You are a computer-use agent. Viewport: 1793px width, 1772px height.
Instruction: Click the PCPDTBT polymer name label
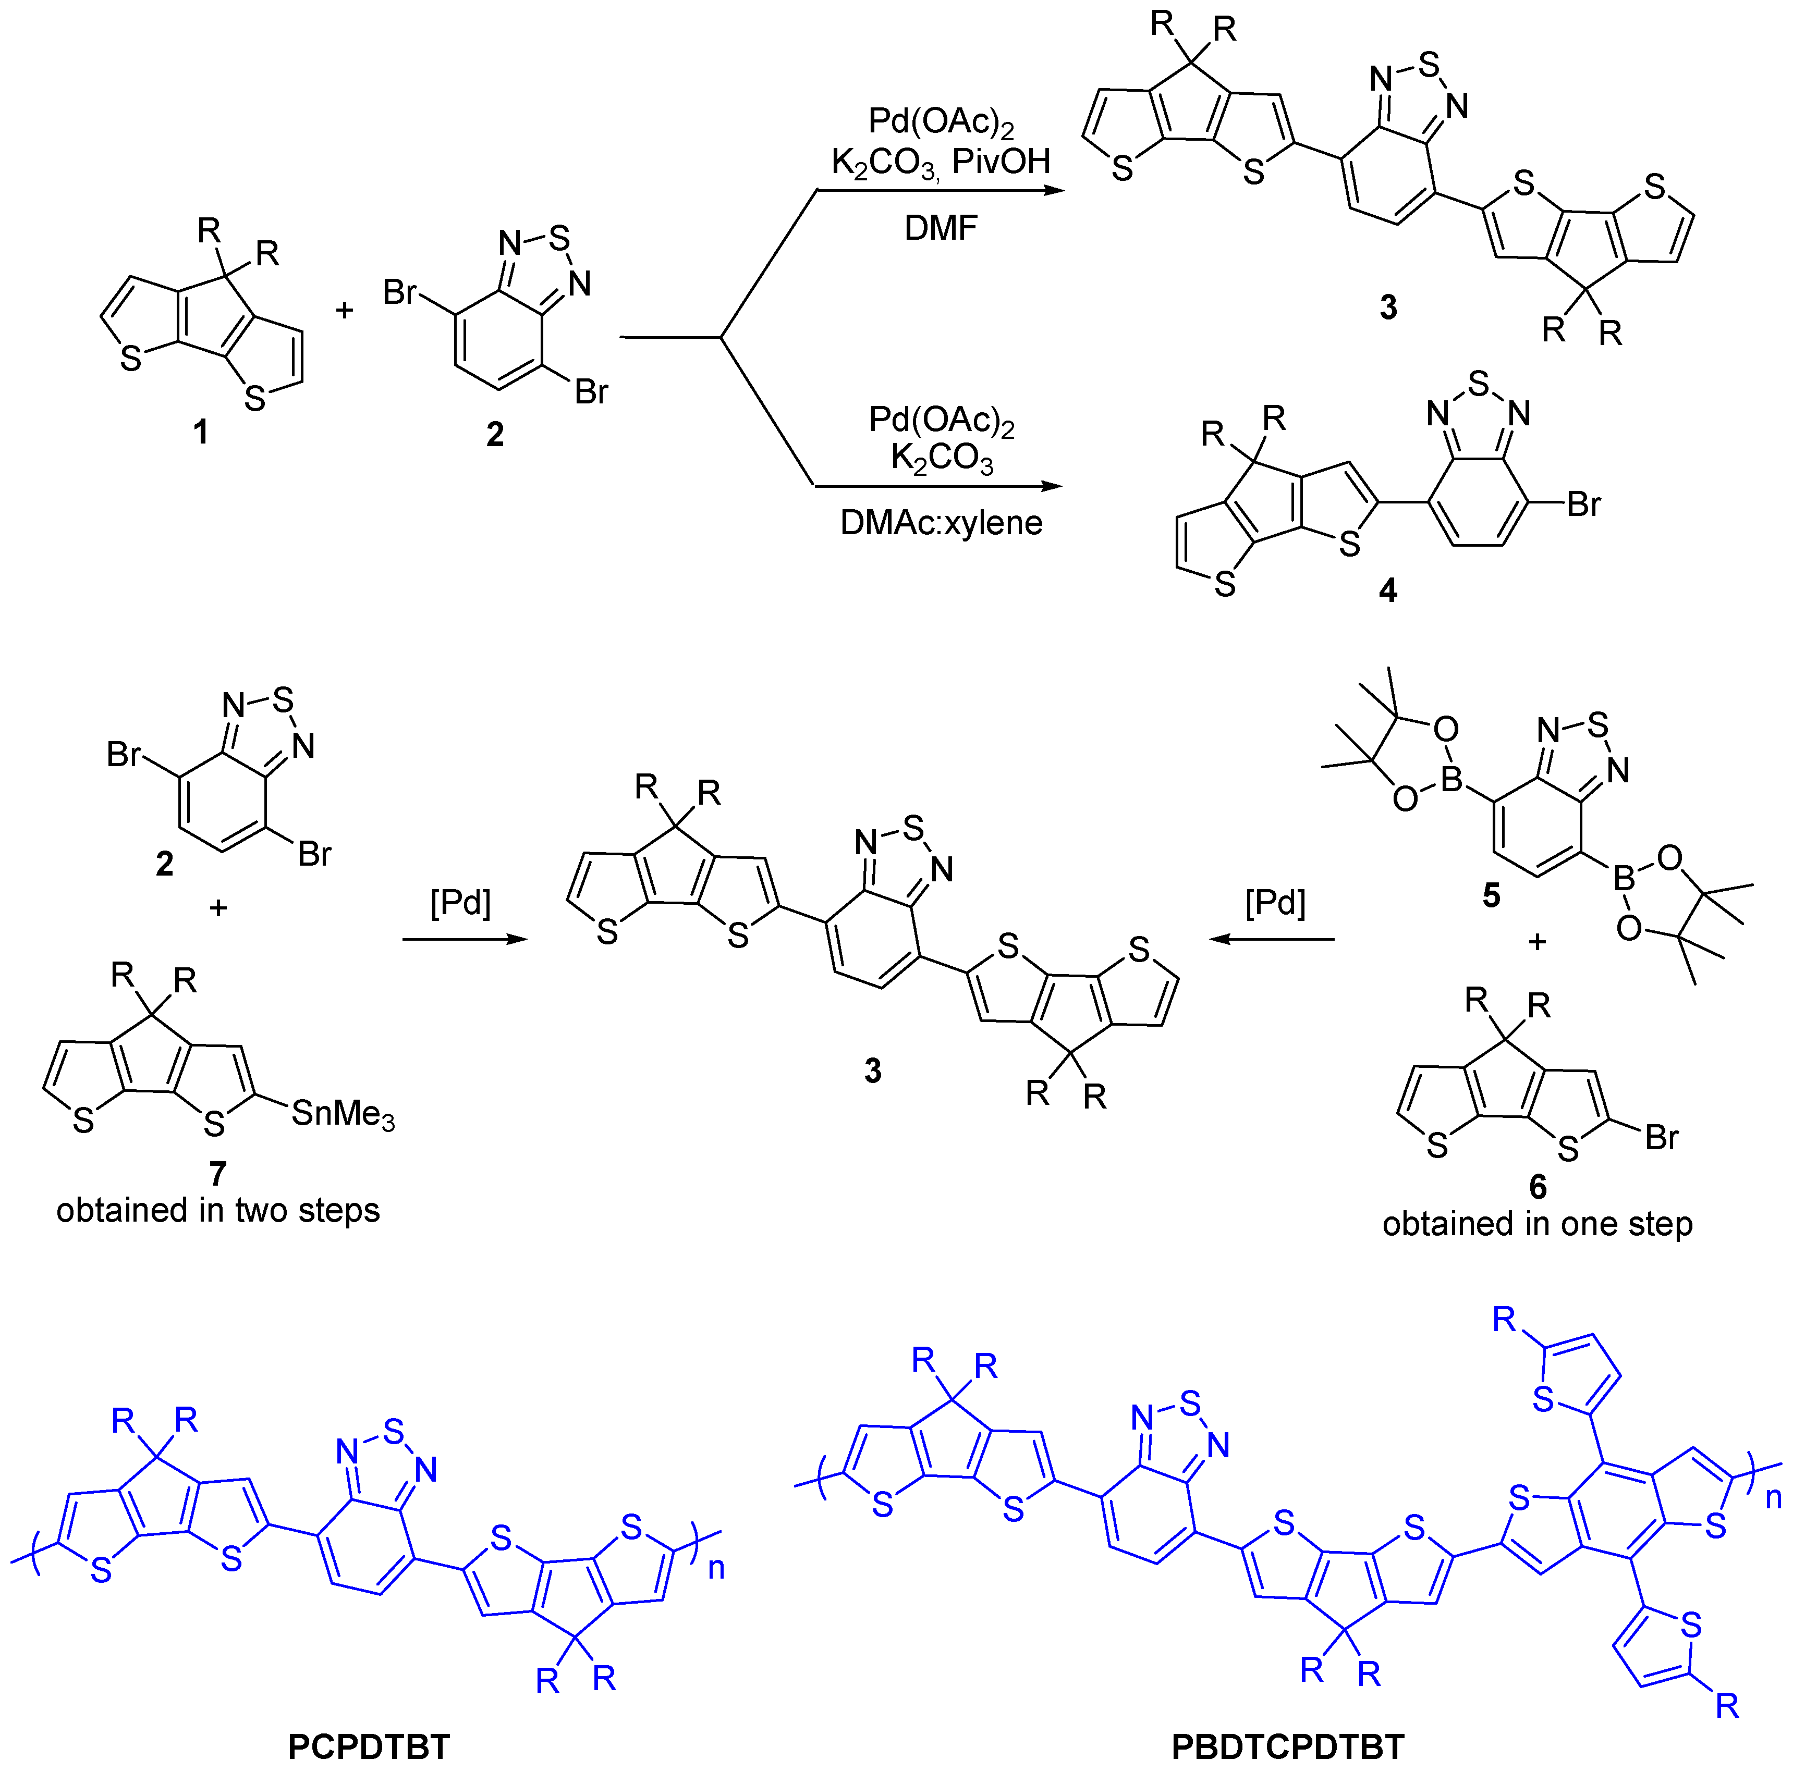click(369, 1747)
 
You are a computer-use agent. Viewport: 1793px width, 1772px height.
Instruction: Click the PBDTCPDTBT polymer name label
click(1287, 1747)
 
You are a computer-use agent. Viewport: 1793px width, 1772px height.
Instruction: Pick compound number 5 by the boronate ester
click(1491, 895)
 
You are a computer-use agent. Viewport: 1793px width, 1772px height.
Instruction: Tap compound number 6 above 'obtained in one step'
click(1538, 1187)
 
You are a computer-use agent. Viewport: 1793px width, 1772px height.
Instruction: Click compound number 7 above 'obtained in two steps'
click(217, 1174)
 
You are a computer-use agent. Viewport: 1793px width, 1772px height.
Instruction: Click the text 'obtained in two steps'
click(218, 1211)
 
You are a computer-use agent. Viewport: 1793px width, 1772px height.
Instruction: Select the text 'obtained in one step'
click(1537, 1224)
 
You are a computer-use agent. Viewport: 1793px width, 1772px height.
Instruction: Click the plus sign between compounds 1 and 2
click(344, 310)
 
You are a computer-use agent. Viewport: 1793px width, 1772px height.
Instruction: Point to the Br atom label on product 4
click(1583, 504)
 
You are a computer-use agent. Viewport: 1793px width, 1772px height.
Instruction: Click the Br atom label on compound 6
click(1661, 1137)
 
